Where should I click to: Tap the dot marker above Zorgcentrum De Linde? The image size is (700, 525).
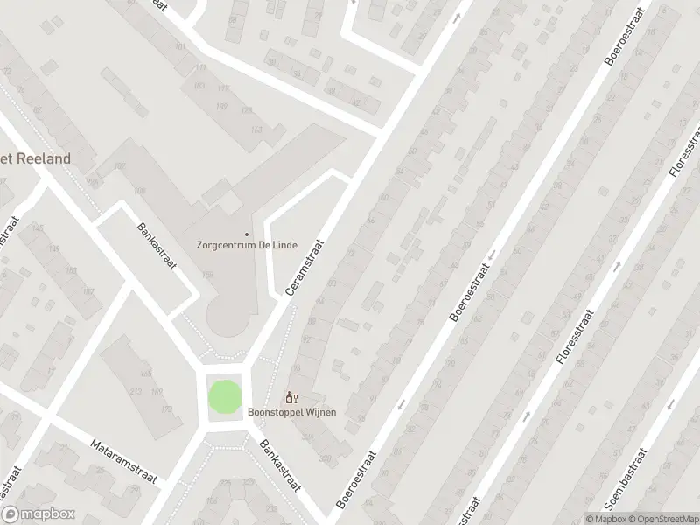(247, 234)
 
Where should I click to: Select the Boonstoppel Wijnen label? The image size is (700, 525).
(292, 412)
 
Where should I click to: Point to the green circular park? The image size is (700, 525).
(223, 397)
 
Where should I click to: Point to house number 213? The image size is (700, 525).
(136, 392)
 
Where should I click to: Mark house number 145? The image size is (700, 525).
(36, 229)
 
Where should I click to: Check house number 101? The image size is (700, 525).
(181, 46)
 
